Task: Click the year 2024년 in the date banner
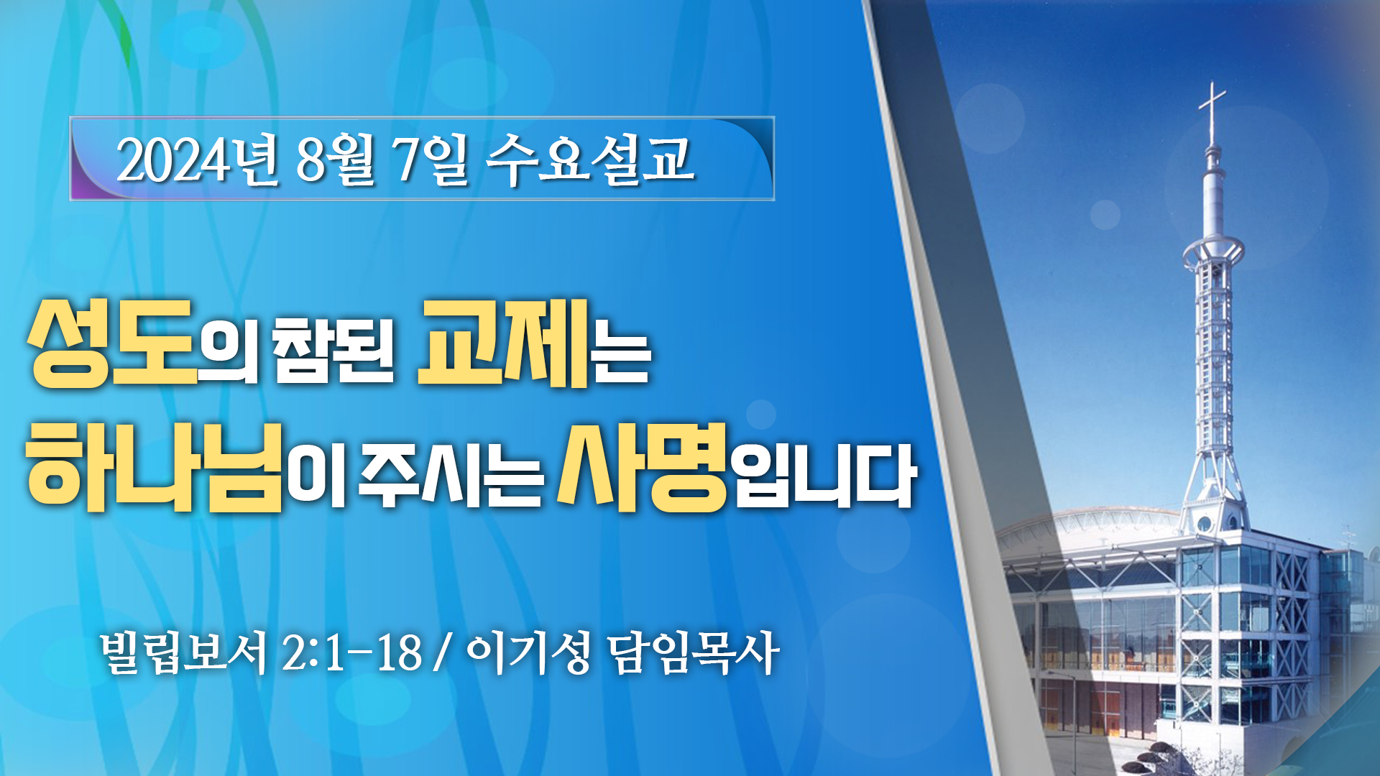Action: pos(196,160)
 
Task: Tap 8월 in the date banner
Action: pos(335,160)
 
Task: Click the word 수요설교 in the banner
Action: pos(590,160)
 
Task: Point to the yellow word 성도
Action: pos(113,343)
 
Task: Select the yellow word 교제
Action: pos(503,343)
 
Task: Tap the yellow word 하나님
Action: pos(154,466)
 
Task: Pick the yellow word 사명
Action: pos(642,466)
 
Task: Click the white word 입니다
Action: pos(824,474)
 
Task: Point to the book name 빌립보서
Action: pos(184,652)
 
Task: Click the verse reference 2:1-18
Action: pos(351,652)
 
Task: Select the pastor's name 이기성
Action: pos(528,652)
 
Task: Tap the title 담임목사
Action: pos(693,652)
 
